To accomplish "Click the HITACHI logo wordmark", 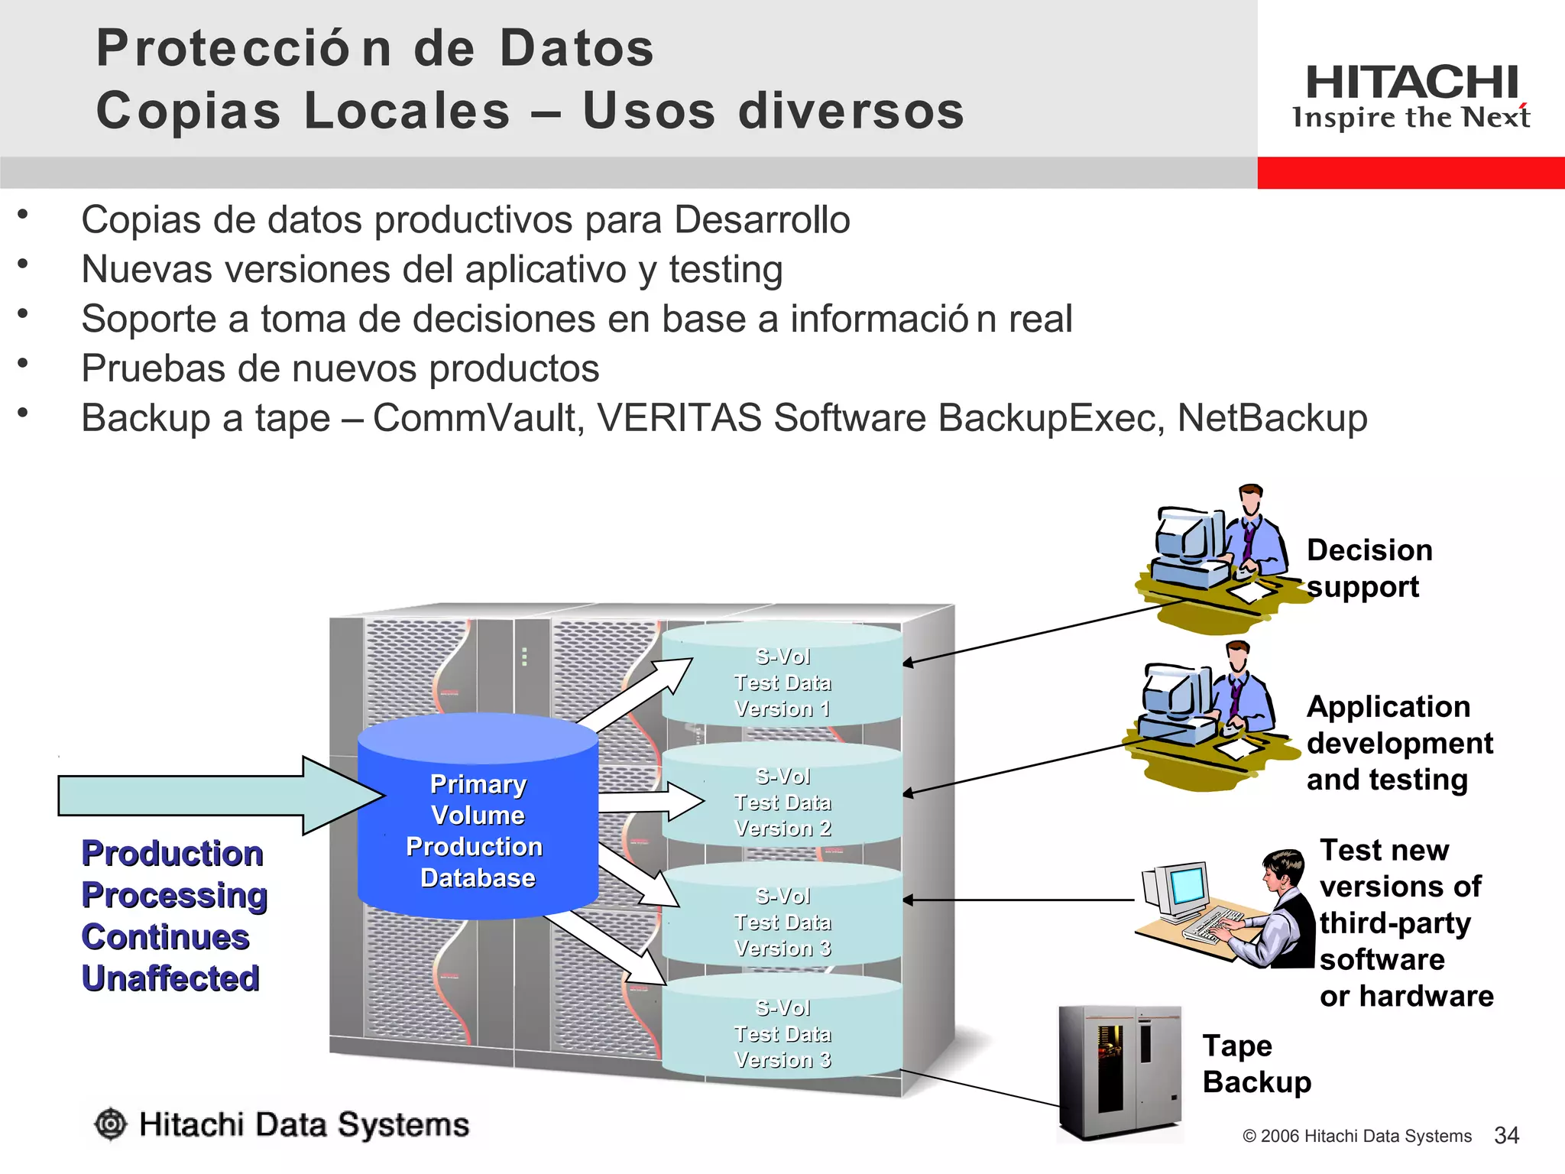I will [x=1411, y=83].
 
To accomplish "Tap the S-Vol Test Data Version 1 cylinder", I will [x=782, y=676].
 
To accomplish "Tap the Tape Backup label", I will [x=1256, y=1064].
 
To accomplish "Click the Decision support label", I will [x=1369, y=568].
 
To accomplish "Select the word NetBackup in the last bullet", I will [x=1272, y=418].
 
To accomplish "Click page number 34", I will [x=1506, y=1135].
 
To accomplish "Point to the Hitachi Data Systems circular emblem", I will [x=111, y=1124].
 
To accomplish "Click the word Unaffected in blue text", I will [x=171, y=978].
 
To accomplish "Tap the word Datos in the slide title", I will [x=577, y=48].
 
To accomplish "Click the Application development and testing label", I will [x=1398, y=743].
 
